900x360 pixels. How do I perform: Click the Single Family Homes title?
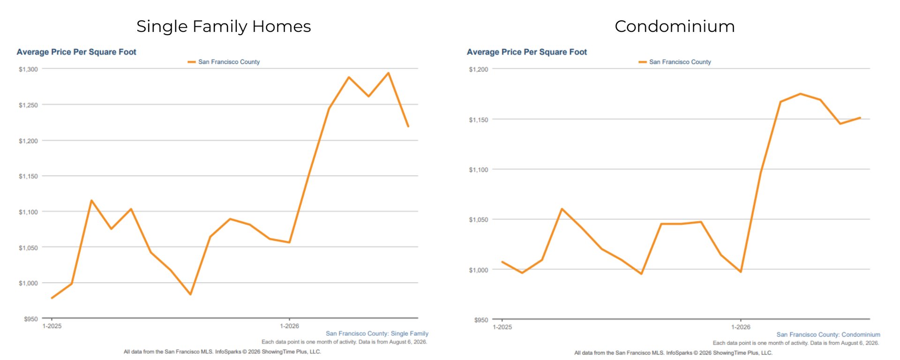click(x=224, y=27)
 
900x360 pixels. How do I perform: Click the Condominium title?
click(x=675, y=26)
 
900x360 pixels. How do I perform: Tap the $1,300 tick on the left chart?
click(x=28, y=69)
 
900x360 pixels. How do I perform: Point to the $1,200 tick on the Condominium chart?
click(x=479, y=69)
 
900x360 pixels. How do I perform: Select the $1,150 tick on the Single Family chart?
click(x=28, y=176)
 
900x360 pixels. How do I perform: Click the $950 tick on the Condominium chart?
click(x=481, y=320)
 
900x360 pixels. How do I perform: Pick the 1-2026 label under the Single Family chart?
click(x=289, y=326)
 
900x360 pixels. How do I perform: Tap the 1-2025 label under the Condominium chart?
click(x=502, y=327)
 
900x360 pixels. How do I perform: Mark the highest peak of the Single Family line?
click(x=388, y=73)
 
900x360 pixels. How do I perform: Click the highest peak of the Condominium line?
click(x=800, y=94)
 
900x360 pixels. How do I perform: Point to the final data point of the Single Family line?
click(x=408, y=126)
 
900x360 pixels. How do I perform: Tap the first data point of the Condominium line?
click(x=502, y=262)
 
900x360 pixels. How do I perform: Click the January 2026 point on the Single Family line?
click(x=289, y=242)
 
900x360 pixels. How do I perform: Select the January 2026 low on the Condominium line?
click(x=741, y=272)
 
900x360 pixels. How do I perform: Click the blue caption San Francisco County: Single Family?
click(x=377, y=334)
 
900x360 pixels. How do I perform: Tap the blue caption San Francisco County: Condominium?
click(x=828, y=335)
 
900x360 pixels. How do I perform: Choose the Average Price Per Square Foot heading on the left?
click(x=76, y=52)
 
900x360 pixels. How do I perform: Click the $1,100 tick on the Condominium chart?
click(x=479, y=170)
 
